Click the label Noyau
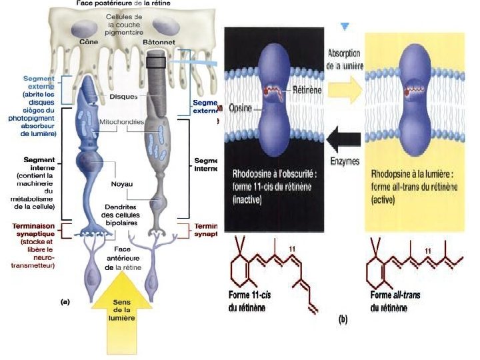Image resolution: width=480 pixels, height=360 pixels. click(x=123, y=183)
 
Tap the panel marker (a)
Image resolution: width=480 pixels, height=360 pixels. click(x=65, y=301)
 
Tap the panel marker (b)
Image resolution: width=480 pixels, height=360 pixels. click(x=343, y=319)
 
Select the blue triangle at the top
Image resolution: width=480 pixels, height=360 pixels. click(x=345, y=27)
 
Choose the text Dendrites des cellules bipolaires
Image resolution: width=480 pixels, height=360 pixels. click(x=125, y=215)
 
